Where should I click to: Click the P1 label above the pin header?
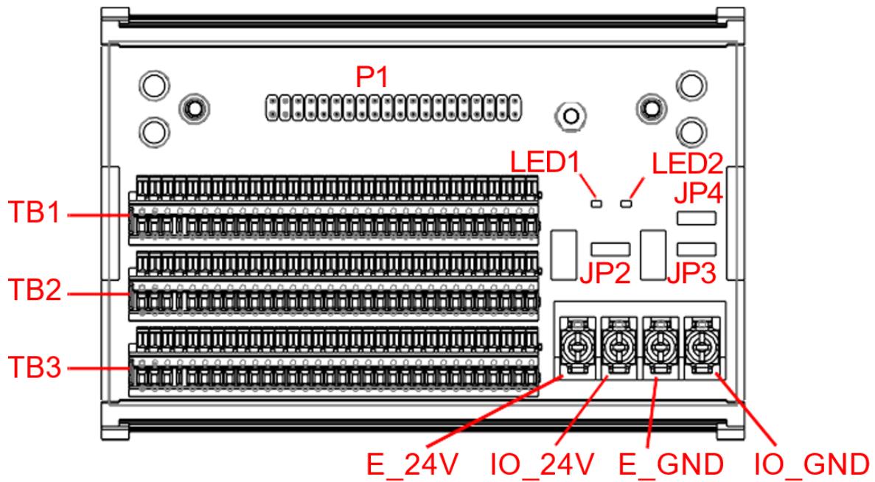point(372,78)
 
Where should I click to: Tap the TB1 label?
point(35,213)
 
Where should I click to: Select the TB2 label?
point(35,290)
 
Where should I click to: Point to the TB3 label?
point(35,369)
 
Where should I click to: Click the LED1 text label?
point(545,162)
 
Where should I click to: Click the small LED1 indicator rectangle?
point(596,203)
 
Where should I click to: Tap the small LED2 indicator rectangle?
point(626,203)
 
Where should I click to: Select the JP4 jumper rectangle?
point(697,218)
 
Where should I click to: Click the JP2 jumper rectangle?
point(610,249)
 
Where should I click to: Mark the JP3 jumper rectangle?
point(697,249)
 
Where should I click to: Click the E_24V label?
point(412,464)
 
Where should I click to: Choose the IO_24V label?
point(542,464)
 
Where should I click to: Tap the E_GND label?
point(672,464)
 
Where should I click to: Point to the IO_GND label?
point(812,464)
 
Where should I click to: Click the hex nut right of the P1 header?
point(571,116)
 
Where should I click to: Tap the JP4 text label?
point(699,195)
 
